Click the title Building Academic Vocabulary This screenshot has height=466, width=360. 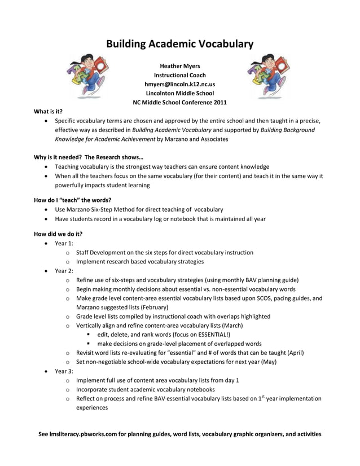tap(180, 44)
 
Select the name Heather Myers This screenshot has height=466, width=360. tap(180, 66)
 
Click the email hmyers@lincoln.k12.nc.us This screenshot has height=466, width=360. tap(180, 84)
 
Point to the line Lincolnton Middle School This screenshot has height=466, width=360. tap(180, 93)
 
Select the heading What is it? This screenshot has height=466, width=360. tap(48, 112)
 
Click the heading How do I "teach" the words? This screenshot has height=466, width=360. tap(72, 200)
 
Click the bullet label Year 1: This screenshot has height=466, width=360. tap(64, 243)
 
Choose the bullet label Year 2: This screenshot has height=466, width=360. tap(64, 270)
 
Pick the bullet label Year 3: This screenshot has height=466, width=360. tap(64, 371)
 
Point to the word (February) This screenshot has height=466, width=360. tap(152, 307)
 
